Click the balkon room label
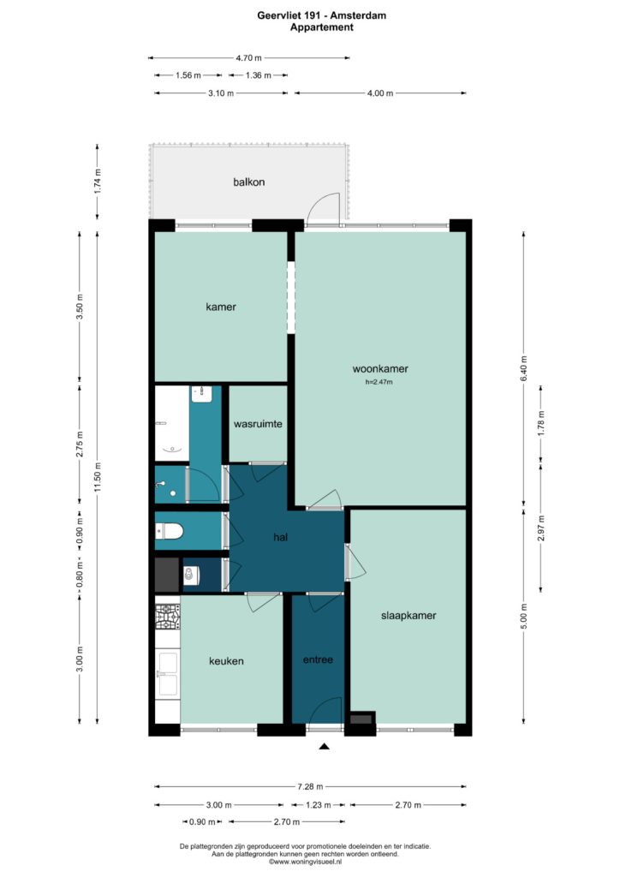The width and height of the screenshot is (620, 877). coord(249,182)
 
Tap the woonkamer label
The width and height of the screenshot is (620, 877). coord(380,368)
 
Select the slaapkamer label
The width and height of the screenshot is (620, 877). coord(408,615)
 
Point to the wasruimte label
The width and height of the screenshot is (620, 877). coord(258,424)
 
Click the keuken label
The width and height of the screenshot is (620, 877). coord(226,661)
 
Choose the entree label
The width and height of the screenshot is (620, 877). coord(318,659)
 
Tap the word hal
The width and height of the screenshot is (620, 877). coord(280,537)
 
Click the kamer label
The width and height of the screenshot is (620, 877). coord(221,307)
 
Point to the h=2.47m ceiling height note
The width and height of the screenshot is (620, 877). coord(379,383)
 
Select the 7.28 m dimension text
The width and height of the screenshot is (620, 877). coord(310,786)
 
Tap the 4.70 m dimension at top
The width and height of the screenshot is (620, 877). coord(249,57)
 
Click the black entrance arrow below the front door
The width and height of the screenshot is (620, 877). coord(324,746)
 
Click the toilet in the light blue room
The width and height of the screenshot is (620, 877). coord(169,531)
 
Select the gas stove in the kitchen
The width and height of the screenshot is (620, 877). coord(167,617)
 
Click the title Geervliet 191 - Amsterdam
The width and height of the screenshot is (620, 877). coord(321,15)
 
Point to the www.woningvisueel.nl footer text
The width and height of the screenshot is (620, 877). coord(305,862)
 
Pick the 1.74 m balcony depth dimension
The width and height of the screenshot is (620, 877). coord(98,182)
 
